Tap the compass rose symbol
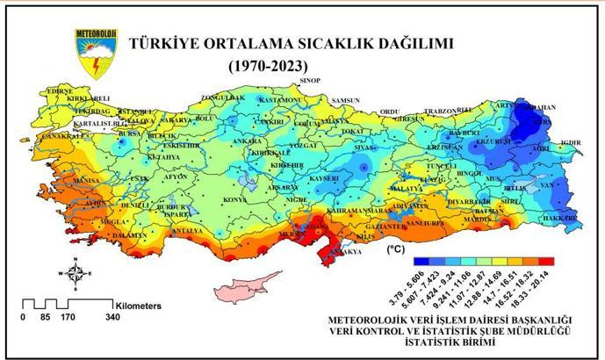[x=76, y=272]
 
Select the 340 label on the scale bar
[x=112, y=316]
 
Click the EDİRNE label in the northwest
[x=60, y=90]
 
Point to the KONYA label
[x=234, y=199]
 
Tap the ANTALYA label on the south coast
[x=186, y=231]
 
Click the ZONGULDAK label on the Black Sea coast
[x=220, y=97]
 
